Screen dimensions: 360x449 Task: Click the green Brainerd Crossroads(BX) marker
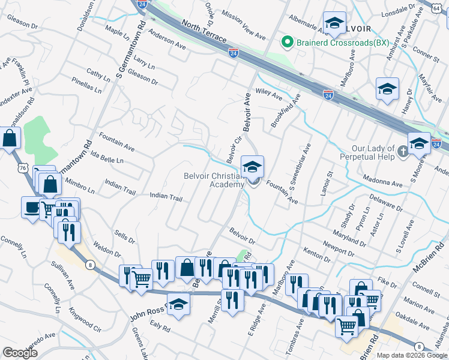click(x=288, y=42)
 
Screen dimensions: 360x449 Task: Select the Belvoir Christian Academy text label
click(x=214, y=180)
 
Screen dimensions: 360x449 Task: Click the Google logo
click(x=21, y=353)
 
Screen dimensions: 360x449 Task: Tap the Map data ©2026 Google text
click(x=411, y=355)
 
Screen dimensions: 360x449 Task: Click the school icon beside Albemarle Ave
click(x=335, y=23)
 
